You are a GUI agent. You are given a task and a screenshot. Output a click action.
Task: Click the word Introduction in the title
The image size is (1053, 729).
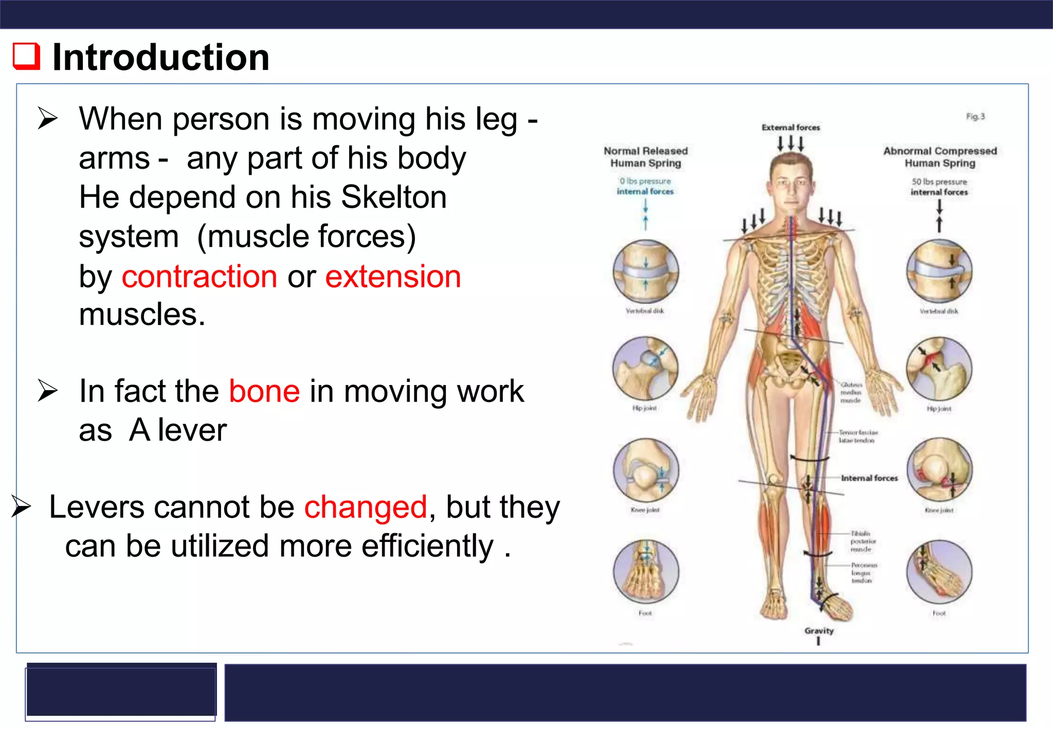click(x=160, y=57)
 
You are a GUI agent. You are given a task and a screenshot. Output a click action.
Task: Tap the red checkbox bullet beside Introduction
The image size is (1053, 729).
click(x=27, y=56)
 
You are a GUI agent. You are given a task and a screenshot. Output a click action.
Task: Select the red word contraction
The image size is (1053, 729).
click(x=199, y=277)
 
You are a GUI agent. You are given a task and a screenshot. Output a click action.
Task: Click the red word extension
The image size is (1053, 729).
click(x=393, y=277)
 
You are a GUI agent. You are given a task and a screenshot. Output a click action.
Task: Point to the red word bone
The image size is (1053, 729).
click(x=264, y=391)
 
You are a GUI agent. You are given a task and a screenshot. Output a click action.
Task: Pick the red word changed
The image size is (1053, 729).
click(x=366, y=507)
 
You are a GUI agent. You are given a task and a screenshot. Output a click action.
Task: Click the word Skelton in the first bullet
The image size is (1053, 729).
click(x=394, y=197)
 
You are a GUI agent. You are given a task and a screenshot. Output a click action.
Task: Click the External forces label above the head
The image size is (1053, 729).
click(x=790, y=127)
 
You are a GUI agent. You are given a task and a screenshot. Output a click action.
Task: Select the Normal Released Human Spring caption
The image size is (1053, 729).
click(x=645, y=157)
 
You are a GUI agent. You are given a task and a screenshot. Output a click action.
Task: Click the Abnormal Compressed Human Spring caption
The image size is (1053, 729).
click(x=940, y=157)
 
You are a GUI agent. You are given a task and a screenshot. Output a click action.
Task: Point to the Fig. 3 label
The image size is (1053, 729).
click(x=975, y=117)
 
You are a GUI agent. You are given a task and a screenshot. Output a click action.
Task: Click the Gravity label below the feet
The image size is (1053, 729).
click(x=819, y=630)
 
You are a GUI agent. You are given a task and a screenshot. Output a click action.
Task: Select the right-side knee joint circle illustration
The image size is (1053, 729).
click(x=939, y=470)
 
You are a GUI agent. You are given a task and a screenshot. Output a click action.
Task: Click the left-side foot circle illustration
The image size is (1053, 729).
click(x=646, y=572)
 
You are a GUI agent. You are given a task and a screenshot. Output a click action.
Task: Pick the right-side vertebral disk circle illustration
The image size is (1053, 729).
click(x=939, y=271)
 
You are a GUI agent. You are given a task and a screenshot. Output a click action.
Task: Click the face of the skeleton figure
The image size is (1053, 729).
click(x=791, y=185)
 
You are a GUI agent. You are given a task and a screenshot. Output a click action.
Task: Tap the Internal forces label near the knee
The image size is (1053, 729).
click(x=869, y=478)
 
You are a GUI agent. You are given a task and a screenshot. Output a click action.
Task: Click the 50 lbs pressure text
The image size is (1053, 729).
click(x=939, y=182)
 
